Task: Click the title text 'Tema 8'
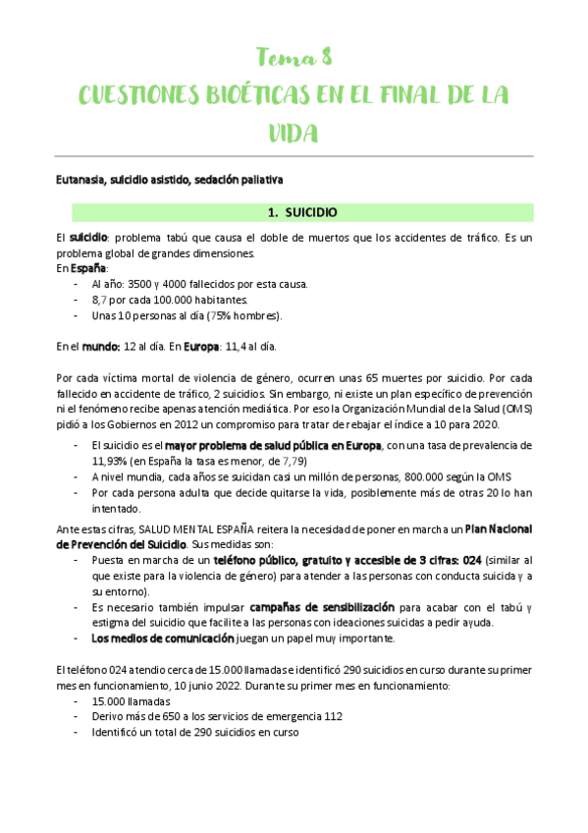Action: click(294, 56)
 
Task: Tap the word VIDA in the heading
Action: click(294, 134)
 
